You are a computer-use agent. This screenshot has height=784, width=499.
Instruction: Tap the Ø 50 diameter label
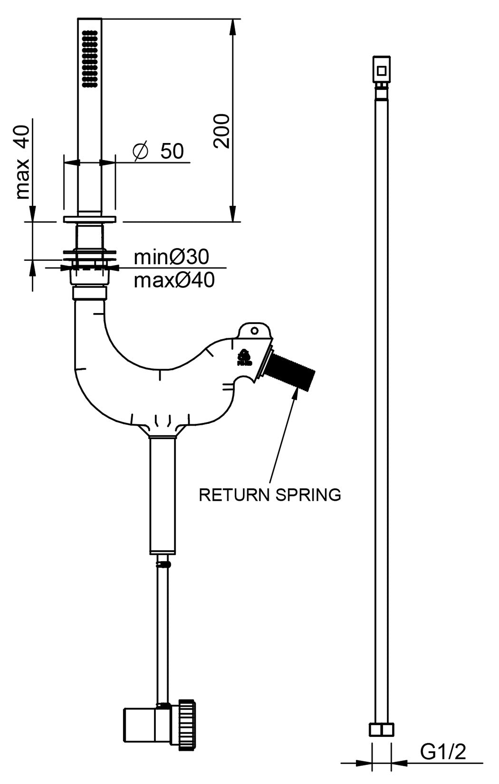pyautogui.click(x=158, y=151)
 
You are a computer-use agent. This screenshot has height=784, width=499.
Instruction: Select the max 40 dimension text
pyautogui.click(x=23, y=162)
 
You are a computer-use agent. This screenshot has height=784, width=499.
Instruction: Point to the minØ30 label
pyautogui.click(x=171, y=257)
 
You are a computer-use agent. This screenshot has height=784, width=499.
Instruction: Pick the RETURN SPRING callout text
pyautogui.click(x=270, y=495)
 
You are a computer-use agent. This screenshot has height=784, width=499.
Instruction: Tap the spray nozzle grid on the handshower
pyautogui.click(x=89, y=59)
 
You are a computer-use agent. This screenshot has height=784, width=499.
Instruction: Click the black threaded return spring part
pyautogui.click(x=289, y=371)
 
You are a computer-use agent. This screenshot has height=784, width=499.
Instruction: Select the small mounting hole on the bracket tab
pyautogui.click(x=255, y=330)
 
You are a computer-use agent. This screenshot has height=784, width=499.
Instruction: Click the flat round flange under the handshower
pyautogui.click(x=89, y=219)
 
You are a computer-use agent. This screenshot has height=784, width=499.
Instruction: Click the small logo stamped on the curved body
pyautogui.click(x=245, y=358)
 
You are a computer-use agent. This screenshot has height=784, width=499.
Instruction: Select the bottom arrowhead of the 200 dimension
pyautogui.click(x=232, y=213)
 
